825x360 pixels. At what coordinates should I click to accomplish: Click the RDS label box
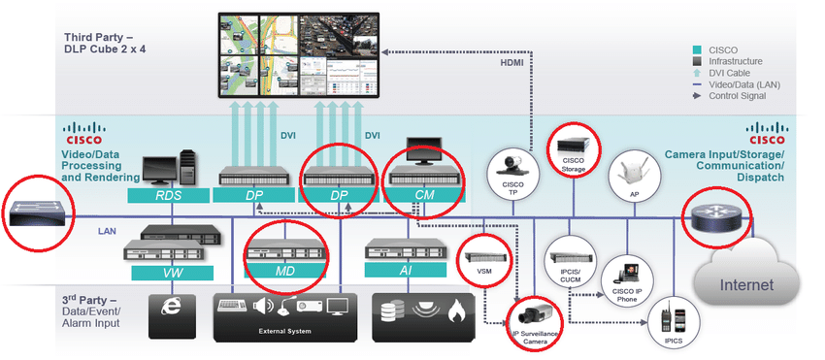(x=170, y=195)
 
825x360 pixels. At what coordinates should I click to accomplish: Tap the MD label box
(x=285, y=272)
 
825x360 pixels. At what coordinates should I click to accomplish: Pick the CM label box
(x=423, y=195)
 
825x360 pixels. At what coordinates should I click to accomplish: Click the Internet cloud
(x=746, y=285)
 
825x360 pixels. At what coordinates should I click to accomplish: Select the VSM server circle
(x=482, y=261)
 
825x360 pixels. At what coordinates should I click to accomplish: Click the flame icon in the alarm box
(x=457, y=311)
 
